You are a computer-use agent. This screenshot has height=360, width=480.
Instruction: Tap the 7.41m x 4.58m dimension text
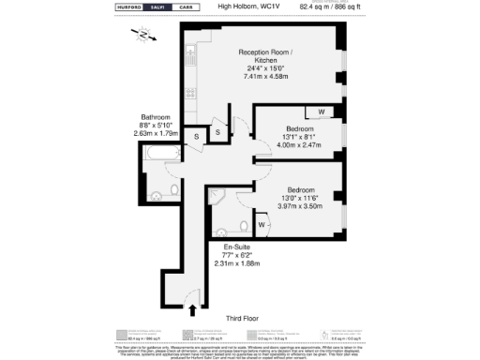coord(266,75)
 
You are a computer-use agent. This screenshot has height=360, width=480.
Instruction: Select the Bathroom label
coord(156,117)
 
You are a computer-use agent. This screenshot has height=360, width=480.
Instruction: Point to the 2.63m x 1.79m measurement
coord(156,133)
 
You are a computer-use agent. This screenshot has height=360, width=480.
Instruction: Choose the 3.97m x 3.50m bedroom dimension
coord(299,204)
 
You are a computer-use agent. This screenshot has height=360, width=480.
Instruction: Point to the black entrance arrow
coord(193,308)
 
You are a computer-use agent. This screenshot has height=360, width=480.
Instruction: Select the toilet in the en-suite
coord(242,225)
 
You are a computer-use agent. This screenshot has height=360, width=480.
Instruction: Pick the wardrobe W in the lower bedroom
coord(261,225)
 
